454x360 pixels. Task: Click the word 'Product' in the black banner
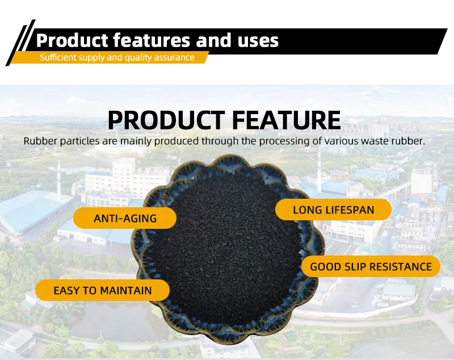[x=72, y=40]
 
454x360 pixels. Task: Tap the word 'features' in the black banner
[x=152, y=40]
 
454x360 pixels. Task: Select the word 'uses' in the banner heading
[x=258, y=41]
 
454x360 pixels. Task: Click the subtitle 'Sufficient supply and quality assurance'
[x=117, y=57]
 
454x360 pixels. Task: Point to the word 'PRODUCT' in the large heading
[x=166, y=120]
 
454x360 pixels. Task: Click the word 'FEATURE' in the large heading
[x=287, y=120]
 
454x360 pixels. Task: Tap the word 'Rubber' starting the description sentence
[x=40, y=141]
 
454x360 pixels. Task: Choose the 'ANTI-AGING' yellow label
[x=125, y=218]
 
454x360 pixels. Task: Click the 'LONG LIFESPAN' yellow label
[x=333, y=210]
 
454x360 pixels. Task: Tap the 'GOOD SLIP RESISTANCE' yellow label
[x=371, y=266]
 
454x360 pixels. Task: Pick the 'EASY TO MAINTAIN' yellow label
[x=103, y=290]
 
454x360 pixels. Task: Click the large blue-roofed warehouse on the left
[x=33, y=211]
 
